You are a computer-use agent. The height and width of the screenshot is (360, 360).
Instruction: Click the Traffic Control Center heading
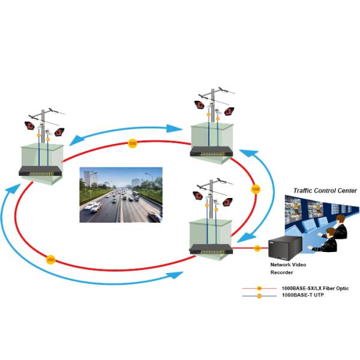coord(325,190)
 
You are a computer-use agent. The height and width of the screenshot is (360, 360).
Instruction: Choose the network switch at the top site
coord(212,152)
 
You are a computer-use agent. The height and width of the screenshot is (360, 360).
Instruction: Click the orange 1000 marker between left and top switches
coord(131,143)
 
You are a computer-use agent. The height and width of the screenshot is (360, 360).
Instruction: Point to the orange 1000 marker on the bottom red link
coord(50,260)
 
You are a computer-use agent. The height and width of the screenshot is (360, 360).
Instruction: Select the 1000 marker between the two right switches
coord(256,189)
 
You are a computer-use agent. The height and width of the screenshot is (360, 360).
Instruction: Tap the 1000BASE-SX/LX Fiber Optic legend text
coord(314,289)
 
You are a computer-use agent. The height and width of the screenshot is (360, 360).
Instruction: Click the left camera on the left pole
coord(29,126)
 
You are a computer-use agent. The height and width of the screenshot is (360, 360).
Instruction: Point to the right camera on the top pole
coord(229,110)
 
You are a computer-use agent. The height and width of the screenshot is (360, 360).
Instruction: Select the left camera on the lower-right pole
coord(197,196)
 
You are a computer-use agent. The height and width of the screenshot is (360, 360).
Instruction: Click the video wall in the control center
coord(312,210)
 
